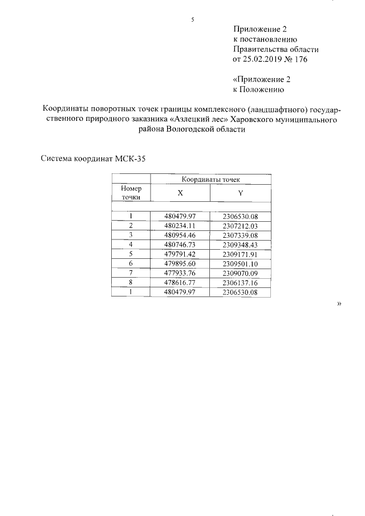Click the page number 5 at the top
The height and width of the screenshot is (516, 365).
(x=193, y=20)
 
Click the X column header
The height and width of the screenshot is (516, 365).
(x=180, y=193)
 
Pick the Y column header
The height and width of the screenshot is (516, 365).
(x=241, y=193)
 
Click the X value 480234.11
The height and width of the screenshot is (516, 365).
(x=180, y=226)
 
